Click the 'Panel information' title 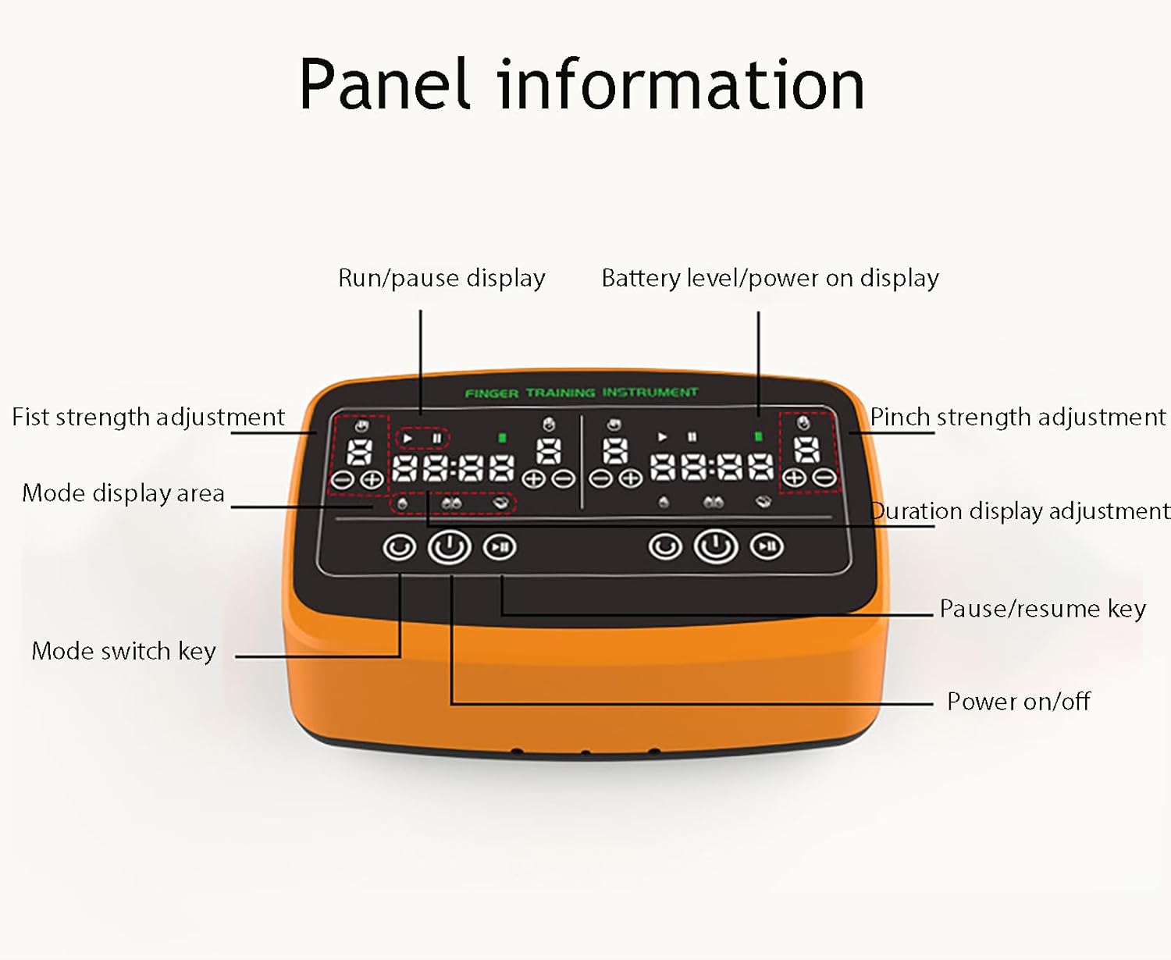click(x=582, y=84)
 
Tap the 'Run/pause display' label click(x=442, y=278)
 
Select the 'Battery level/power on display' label click(x=770, y=278)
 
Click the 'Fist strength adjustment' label click(x=148, y=417)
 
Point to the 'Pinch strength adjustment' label click(x=1018, y=417)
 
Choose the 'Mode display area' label click(x=123, y=493)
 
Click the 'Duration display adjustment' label click(x=1020, y=510)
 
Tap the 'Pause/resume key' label click(x=1043, y=609)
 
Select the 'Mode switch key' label click(x=124, y=651)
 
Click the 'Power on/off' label click(x=1019, y=701)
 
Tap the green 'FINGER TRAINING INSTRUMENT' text click(x=582, y=393)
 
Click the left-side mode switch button click(x=399, y=547)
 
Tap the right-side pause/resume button click(x=767, y=546)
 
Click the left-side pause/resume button click(x=500, y=547)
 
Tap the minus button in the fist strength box click(x=342, y=480)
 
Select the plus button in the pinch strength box click(x=794, y=478)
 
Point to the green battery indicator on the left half click(x=502, y=438)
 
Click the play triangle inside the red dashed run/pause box click(x=408, y=438)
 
